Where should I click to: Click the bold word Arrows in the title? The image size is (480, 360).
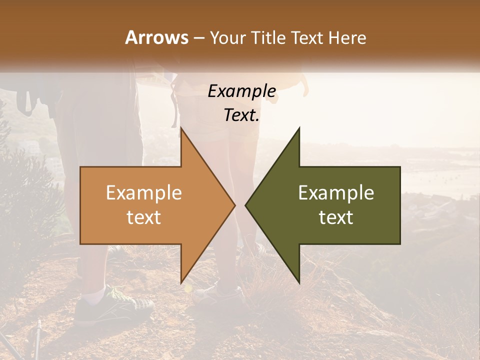tap(156, 37)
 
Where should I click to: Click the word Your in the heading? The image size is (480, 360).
tap(227, 38)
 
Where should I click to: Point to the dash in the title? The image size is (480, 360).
tap(199, 38)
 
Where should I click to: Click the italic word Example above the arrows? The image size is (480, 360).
tap(241, 91)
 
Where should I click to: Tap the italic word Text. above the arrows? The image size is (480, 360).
tap(241, 115)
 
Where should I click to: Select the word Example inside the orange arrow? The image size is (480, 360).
tap(143, 192)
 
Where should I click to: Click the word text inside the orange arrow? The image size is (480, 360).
tap(143, 217)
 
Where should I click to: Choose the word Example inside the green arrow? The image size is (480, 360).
tap(336, 192)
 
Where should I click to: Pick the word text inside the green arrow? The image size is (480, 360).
tap(336, 217)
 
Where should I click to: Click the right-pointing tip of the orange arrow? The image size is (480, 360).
tap(235, 205)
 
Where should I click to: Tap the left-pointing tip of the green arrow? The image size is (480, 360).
tap(245, 205)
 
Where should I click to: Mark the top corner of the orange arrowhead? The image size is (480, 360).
tap(181, 128)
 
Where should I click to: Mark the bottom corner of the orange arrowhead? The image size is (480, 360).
tap(181, 283)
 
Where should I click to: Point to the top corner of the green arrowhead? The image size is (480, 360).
tap(299, 128)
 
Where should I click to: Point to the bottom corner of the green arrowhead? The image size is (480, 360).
tap(299, 283)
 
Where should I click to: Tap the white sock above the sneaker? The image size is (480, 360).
tap(94, 294)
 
